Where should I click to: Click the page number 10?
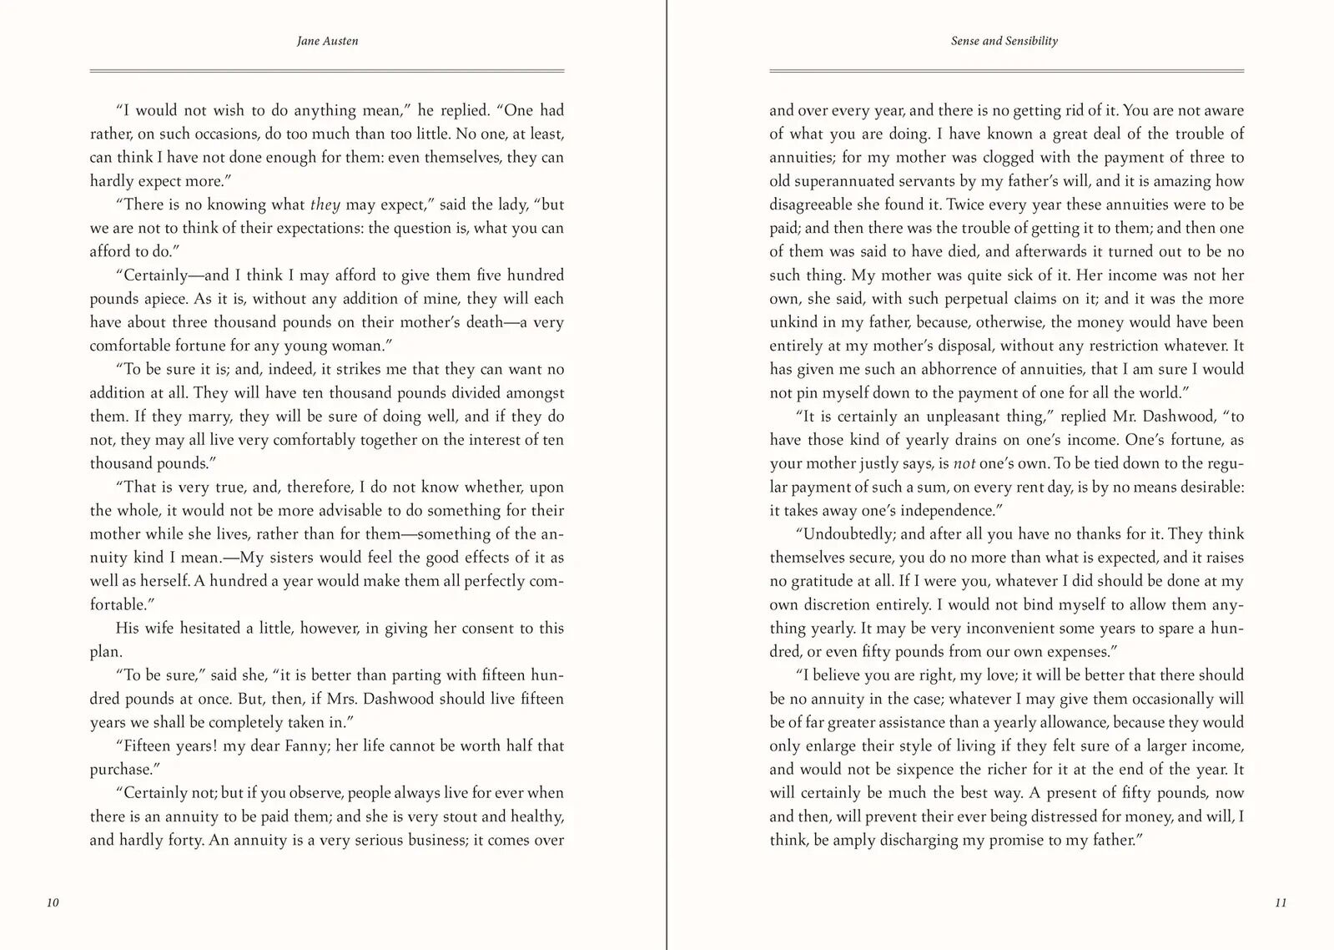pyautogui.click(x=53, y=902)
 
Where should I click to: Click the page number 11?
pyautogui.click(x=1281, y=902)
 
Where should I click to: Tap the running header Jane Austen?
pyautogui.click(x=327, y=41)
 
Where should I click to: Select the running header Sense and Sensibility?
pyautogui.click(x=1004, y=41)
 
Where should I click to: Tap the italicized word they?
pyautogui.click(x=325, y=205)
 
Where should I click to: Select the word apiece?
pyautogui.click(x=161, y=299)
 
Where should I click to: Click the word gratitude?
pyautogui.click(x=820, y=581)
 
